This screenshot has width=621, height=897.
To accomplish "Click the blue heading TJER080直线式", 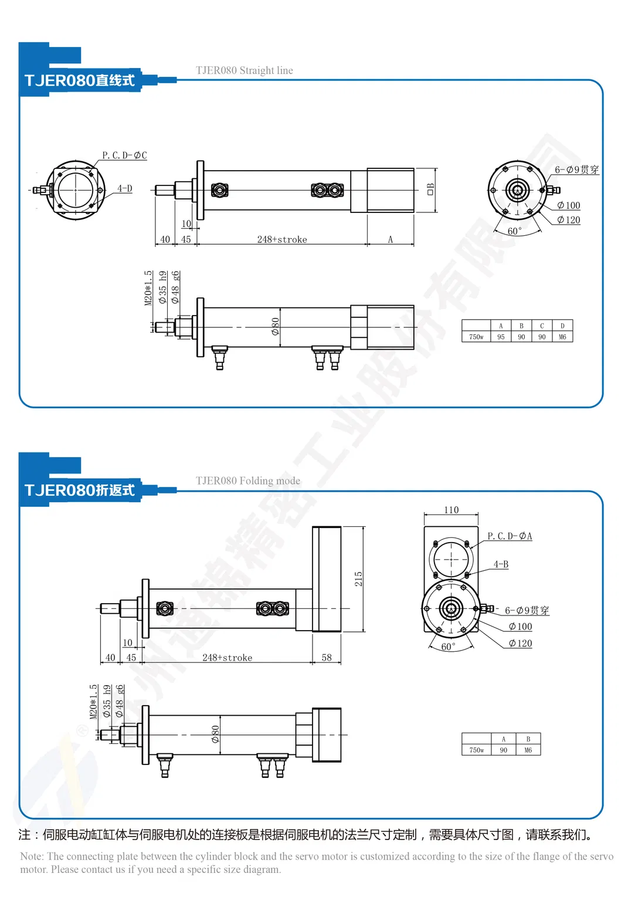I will tap(80, 80).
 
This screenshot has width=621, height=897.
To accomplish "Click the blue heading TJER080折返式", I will tap(80, 490).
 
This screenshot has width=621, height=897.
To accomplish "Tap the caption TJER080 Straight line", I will tap(244, 70).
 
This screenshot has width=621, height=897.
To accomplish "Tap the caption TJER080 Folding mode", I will tap(247, 480).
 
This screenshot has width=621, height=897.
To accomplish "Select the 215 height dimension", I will tap(358, 579).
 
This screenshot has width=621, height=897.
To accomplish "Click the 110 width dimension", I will tap(451, 510).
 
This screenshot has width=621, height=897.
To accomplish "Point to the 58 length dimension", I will tap(327, 658).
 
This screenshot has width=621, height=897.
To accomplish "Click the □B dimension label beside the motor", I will tap(430, 189).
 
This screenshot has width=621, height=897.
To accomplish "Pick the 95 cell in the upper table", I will tap(501, 337).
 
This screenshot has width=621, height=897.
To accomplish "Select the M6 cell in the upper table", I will tap(562, 337).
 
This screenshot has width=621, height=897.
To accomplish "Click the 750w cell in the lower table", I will tap(476, 750).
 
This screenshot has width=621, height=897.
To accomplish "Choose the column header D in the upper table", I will tap(562, 326).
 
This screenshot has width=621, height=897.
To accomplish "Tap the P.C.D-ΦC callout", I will tap(124, 155).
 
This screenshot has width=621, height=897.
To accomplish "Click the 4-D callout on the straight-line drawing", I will tap(124, 188).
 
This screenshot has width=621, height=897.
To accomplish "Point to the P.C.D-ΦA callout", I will tap(510, 536).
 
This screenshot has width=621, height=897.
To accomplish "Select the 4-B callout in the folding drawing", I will tap(501, 564).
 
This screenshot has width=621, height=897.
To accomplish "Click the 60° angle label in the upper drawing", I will tap(514, 231).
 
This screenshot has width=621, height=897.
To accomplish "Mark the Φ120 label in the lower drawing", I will tap(520, 644).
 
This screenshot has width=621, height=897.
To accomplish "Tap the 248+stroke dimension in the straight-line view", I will tap(282, 239).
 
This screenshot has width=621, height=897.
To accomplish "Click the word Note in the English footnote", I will tap(31, 857).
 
